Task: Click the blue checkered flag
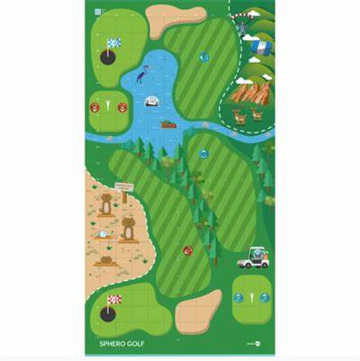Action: tap(114, 42)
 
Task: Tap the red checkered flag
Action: tap(114, 299)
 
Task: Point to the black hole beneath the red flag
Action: tap(108, 314)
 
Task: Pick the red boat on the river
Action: tap(168, 124)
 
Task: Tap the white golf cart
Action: tap(253, 259)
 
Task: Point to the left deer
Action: tap(239, 114)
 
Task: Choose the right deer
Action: tap(256, 114)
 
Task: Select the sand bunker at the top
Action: tap(175, 18)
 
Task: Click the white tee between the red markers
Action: tap(108, 106)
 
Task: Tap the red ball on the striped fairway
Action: tap(188, 249)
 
